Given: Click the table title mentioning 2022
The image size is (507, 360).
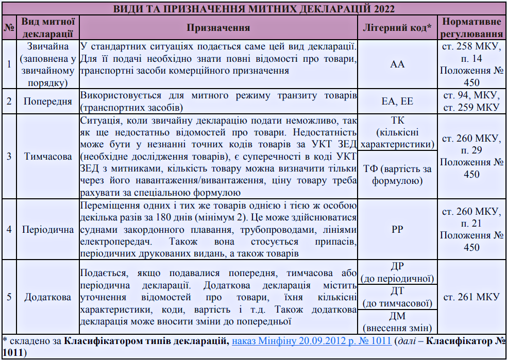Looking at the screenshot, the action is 253,9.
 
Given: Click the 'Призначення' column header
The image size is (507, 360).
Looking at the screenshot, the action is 218,28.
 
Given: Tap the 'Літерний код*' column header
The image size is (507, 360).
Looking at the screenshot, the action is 397,28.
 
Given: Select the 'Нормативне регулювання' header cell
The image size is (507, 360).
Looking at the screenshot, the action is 471,28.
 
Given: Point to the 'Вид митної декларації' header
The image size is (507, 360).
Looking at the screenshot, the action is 48,28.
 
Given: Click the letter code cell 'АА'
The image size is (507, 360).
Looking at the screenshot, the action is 397,64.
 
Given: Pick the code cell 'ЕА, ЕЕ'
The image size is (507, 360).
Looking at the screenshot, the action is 397,101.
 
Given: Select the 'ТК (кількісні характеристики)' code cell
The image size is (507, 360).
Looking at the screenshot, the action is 397,132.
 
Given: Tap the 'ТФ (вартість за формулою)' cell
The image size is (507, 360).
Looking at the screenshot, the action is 397,174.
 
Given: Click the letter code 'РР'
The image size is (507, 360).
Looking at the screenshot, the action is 397,229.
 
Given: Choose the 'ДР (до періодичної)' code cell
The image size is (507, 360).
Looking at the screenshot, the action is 397,272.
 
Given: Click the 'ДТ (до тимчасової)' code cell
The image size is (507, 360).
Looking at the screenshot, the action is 397,297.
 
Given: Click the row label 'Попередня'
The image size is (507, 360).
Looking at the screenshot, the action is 48,101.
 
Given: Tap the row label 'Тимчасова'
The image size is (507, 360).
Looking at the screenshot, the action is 48,157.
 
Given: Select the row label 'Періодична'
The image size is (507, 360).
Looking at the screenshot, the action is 48,229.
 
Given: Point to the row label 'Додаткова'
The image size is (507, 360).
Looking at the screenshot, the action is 48,297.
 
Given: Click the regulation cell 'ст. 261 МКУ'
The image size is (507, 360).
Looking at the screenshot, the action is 471,297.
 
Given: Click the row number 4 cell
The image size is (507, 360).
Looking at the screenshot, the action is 9,229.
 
